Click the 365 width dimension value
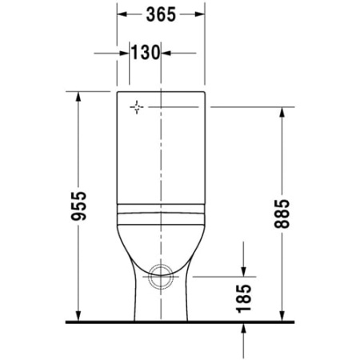tap(162, 14)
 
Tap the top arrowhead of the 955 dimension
tap(78, 97)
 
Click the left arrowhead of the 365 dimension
tap(122, 14)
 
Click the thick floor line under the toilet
tap(180, 322)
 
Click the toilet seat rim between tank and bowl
tap(161, 214)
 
